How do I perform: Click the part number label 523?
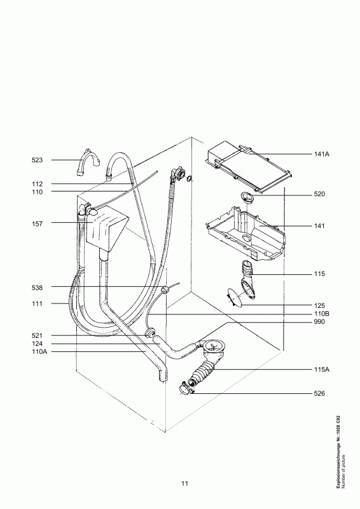pyautogui.click(x=37, y=160)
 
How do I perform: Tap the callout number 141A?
pyautogui.click(x=321, y=154)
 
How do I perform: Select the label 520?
pyautogui.click(x=319, y=195)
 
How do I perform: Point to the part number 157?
pyautogui.click(x=37, y=224)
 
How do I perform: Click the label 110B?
pyautogui.click(x=321, y=314)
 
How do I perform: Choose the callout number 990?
pyautogui.click(x=319, y=322)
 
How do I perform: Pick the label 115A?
pyautogui.click(x=322, y=370)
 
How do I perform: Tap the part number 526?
pyautogui.click(x=319, y=393)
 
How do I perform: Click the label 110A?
pyautogui.click(x=39, y=352)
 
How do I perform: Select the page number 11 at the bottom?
pyautogui.click(x=184, y=484)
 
